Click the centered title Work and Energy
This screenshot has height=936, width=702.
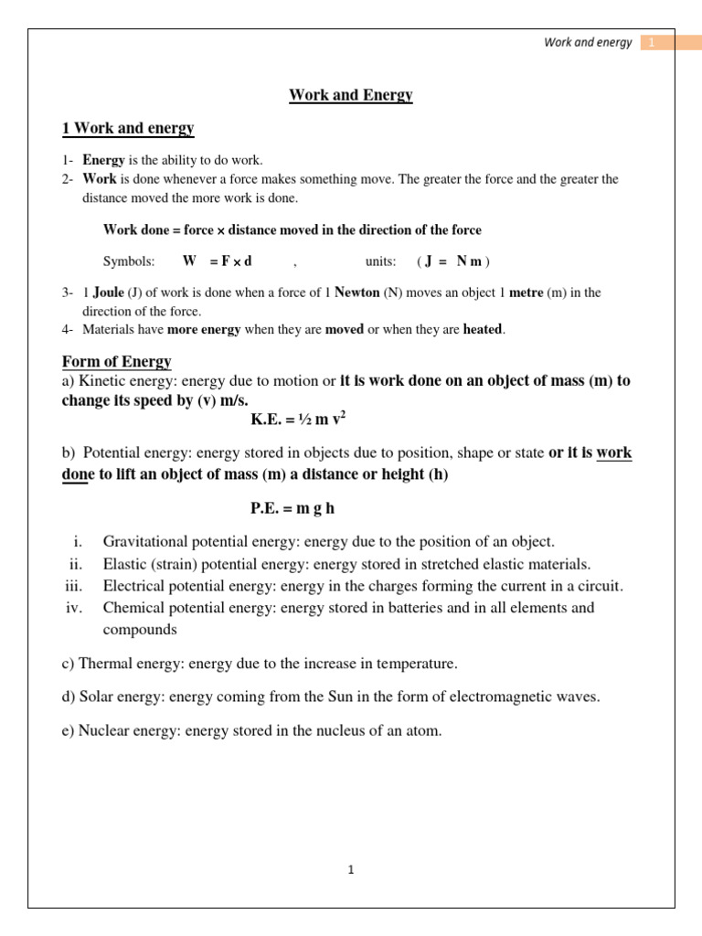point(351,95)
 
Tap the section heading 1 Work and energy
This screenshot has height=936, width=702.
point(128,128)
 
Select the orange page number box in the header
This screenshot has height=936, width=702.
point(652,43)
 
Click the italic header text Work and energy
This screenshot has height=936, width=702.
point(588,43)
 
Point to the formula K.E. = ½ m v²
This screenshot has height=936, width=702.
point(298,420)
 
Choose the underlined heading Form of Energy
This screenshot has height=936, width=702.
point(116,362)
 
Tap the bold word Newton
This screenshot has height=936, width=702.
point(357,293)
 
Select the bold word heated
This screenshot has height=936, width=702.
point(483,329)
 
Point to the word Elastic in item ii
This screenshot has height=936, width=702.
point(125,564)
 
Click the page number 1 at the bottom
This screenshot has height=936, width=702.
point(350,870)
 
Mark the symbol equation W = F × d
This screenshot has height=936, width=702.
point(218,261)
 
